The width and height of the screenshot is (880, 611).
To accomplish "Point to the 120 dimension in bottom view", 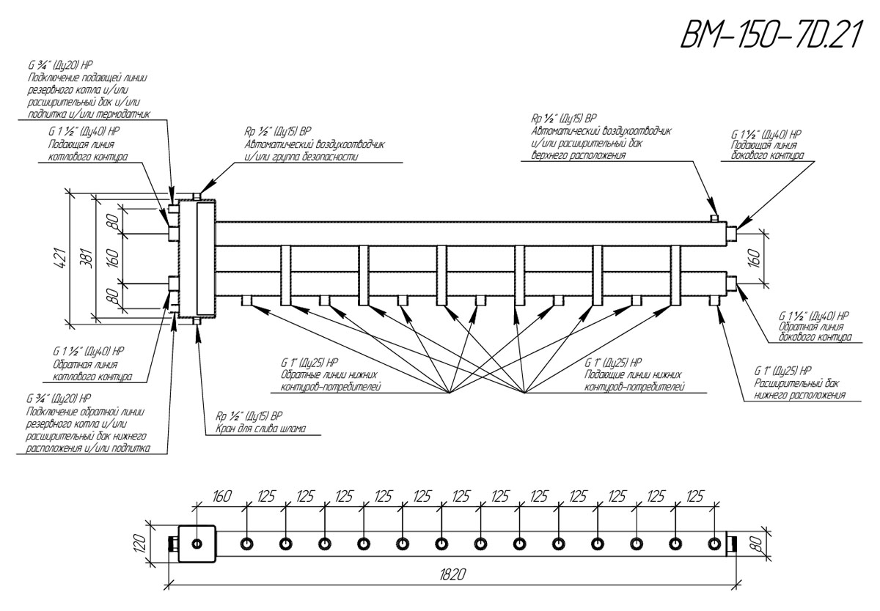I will click(x=145, y=543).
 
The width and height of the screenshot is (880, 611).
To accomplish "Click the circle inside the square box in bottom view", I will click(x=197, y=544).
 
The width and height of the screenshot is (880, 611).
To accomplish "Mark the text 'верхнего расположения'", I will click(x=578, y=155).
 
